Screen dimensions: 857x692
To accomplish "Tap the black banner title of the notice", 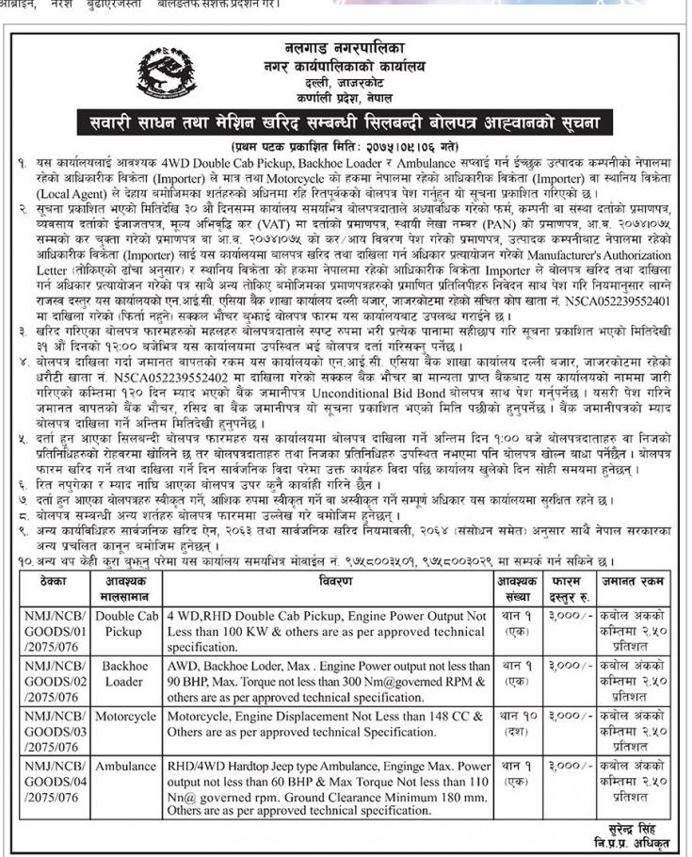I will coord(345,123).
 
